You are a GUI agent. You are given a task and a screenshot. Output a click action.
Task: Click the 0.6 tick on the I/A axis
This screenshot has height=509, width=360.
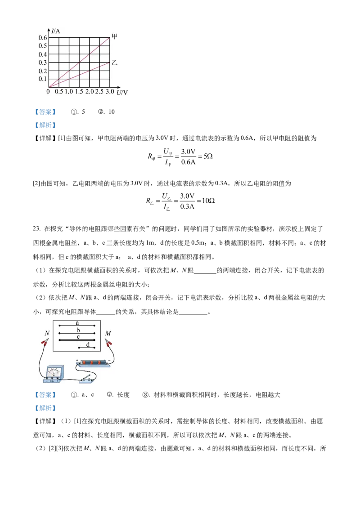pyautogui.click(x=43, y=37)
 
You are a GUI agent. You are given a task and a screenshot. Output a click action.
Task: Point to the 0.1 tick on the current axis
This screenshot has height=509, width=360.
pyautogui.click(x=43, y=79)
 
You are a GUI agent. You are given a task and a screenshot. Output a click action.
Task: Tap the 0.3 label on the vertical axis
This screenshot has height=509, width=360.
pyautogui.click(x=43, y=63)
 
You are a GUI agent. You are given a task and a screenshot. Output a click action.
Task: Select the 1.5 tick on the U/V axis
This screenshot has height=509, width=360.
pyautogui.click(x=79, y=92)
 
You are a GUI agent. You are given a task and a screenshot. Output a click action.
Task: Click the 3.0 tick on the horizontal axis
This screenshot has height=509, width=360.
pyautogui.click(x=109, y=92)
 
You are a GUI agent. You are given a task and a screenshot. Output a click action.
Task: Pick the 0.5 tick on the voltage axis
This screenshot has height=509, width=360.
pyautogui.click(x=58, y=92)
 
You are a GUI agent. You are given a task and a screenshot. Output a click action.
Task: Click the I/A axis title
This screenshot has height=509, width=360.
pyautogui.click(x=55, y=31)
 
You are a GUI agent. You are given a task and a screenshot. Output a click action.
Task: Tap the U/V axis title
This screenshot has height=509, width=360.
pyautogui.click(x=122, y=93)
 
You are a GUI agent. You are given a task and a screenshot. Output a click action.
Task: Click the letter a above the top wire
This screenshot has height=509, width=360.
pyautogui.click(x=77, y=322)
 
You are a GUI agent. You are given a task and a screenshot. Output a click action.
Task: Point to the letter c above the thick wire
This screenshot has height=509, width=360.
pyautogui.click(x=78, y=337)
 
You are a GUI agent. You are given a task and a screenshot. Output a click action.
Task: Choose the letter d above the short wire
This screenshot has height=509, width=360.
pyautogui.click(x=88, y=344)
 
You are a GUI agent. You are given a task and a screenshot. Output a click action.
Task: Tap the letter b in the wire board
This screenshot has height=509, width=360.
pyautogui.click(x=78, y=330)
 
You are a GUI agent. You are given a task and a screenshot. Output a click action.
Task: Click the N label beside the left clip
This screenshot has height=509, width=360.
pyautogui.click(x=47, y=334)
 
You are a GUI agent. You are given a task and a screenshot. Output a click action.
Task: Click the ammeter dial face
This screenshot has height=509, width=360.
pyautogui.click(x=54, y=371)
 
